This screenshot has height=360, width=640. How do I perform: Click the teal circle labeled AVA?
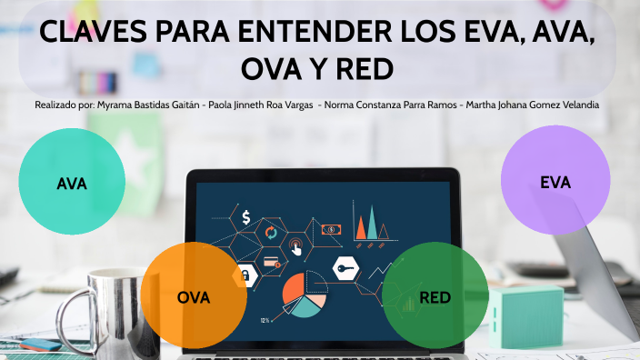click(72, 183)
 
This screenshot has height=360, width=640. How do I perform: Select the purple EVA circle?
click(555, 182)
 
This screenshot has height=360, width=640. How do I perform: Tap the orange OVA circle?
click(193, 295)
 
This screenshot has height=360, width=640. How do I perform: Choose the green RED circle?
click(435, 295)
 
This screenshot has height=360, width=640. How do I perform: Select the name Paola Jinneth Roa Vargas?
click(259, 105)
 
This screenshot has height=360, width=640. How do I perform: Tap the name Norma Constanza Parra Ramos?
click(389, 105)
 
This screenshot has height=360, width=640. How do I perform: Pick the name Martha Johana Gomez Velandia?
click(530, 105)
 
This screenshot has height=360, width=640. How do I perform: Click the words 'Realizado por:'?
click(64, 105)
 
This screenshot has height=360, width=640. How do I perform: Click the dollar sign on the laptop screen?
click(245, 217)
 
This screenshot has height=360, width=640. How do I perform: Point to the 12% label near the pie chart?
click(265, 320)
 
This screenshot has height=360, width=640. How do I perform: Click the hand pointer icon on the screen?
click(296, 245)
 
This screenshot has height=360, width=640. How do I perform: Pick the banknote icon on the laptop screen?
click(331, 229)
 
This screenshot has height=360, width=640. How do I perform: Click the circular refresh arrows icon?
click(270, 233)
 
